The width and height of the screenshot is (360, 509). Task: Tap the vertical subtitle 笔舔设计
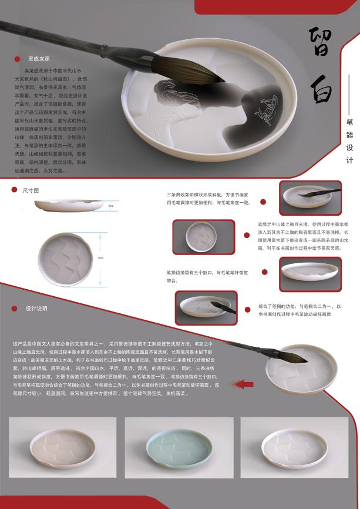coord(350,139)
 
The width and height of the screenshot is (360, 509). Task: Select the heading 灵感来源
coord(39,59)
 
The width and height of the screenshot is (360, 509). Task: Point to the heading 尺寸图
coord(31,190)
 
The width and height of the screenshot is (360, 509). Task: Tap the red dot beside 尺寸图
coord(15,190)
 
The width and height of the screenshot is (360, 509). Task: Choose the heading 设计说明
coord(36,309)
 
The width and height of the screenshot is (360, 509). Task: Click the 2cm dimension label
coord(111,206)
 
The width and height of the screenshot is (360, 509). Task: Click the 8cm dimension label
coord(101,257)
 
